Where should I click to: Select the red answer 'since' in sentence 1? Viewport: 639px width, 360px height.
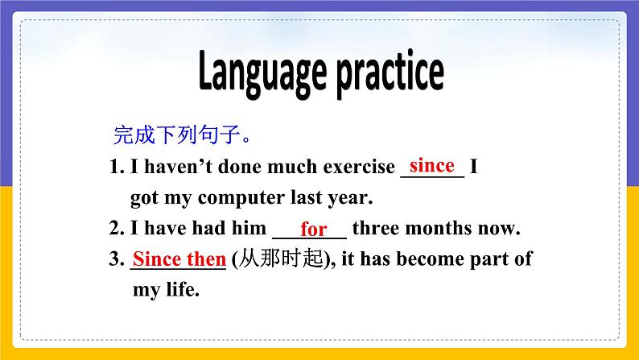pos(432,166)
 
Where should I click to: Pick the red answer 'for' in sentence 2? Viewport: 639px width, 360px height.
pos(313,230)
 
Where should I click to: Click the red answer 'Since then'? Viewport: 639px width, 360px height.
pos(179,259)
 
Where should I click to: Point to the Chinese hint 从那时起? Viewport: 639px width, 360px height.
pos(280,259)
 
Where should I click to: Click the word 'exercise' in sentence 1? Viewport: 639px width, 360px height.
pos(358,168)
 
